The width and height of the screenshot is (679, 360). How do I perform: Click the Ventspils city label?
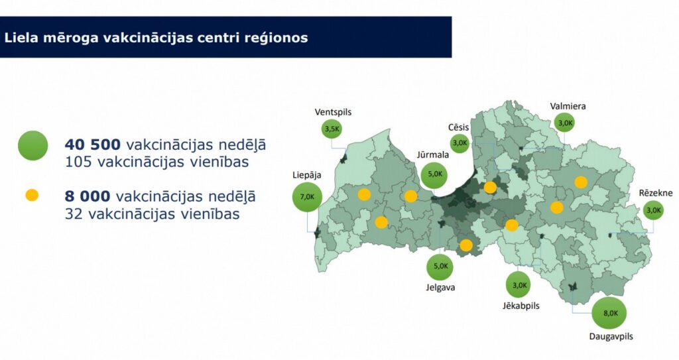(333, 112)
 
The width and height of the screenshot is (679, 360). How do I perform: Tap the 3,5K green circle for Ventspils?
(332, 129)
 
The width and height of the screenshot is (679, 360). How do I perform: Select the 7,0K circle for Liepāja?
(307, 197)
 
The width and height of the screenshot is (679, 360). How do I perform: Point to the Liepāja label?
(306, 176)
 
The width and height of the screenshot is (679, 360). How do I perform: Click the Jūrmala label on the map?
(432, 154)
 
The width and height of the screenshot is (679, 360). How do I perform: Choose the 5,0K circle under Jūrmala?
(434, 174)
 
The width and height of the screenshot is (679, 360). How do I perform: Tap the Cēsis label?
(458, 127)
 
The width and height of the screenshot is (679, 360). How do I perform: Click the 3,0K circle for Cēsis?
(460, 143)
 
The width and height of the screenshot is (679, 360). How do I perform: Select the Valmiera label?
(568, 106)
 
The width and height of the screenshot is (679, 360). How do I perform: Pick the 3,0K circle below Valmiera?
(565, 123)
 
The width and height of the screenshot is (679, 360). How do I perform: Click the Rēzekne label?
(656, 193)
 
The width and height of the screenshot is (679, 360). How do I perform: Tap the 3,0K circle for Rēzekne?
(653, 210)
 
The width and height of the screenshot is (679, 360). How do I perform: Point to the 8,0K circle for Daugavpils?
(609, 313)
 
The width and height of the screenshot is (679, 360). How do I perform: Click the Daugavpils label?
(611, 336)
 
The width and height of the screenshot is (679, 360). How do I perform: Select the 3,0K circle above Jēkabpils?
(519, 284)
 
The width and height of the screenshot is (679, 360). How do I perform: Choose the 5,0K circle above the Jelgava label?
(440, 267)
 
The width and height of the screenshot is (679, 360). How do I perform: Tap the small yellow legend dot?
(32, 196)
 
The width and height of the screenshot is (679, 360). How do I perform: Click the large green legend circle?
(33, 146)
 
